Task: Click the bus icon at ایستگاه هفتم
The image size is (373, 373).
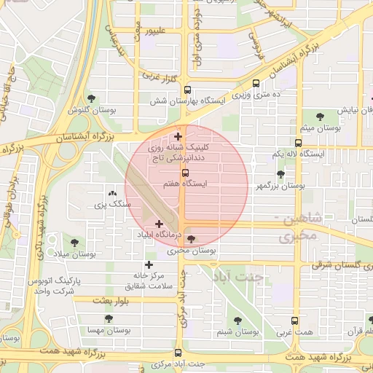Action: click(185, 173)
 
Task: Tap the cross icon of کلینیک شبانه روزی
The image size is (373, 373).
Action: click(178, 136)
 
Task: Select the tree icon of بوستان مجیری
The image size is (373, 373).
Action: click(191, 239)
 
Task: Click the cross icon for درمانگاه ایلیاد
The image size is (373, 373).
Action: click(159, 224)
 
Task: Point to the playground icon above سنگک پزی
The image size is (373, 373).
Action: click(112, 194)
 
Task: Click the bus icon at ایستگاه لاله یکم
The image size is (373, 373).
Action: click(298, 144)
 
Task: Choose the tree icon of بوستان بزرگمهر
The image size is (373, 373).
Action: click(280, 175)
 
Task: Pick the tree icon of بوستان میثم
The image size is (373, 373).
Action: click(318, 116)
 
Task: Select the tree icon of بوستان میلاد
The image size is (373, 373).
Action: click(74, 241)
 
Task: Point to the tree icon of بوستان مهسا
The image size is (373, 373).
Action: click(109, 319)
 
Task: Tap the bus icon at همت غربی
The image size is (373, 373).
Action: click(294, 321)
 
